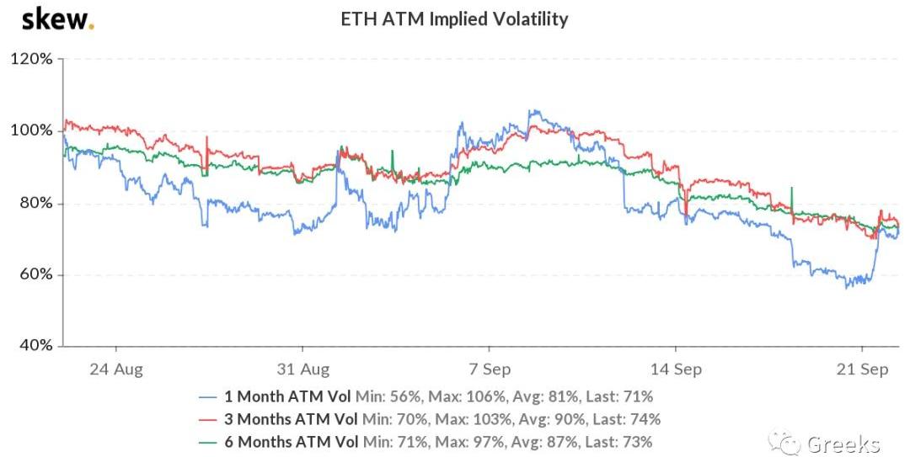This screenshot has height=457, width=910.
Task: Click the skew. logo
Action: [57, 19]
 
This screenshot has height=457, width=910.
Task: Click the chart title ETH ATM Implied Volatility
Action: [454, 19]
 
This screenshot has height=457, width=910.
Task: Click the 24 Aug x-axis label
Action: [115, 369]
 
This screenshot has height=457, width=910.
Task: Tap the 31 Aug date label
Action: [302, 369]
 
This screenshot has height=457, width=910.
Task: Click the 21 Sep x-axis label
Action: [861, 369]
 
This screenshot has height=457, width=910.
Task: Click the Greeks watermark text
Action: [843, 444]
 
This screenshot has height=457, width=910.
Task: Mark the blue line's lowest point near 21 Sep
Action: [846, 288]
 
